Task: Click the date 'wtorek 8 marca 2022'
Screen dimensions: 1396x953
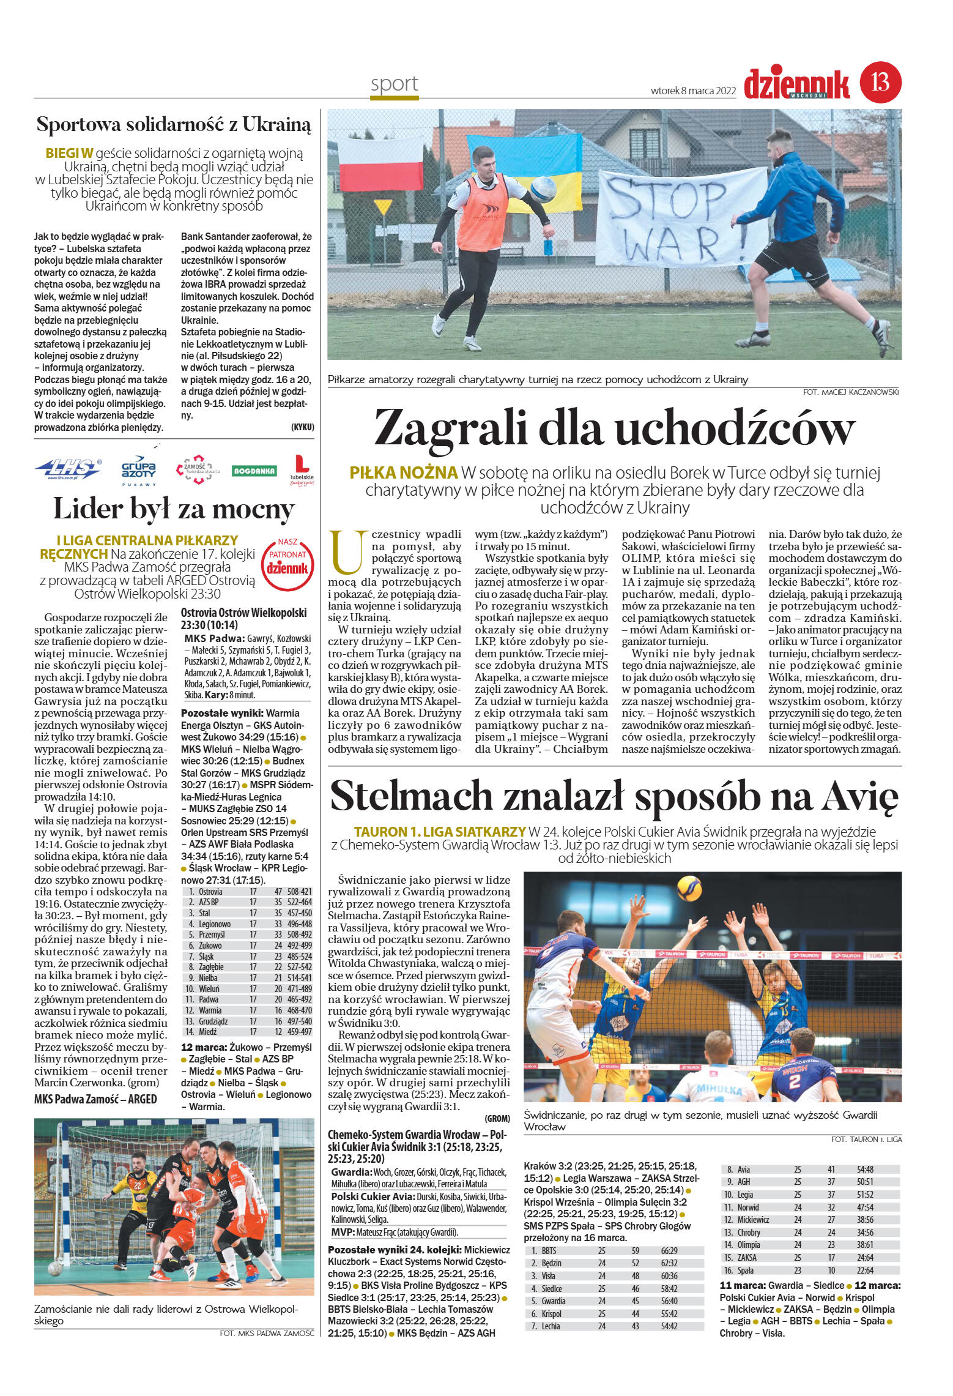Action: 693,91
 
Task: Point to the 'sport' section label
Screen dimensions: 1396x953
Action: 394,84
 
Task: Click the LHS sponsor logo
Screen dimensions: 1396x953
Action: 69,470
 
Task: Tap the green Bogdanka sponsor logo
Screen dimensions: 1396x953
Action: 254,471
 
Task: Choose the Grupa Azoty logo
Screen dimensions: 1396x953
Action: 139,469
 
